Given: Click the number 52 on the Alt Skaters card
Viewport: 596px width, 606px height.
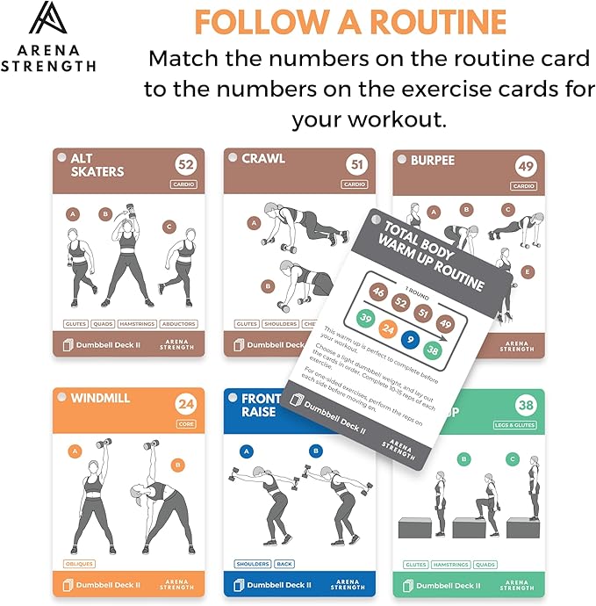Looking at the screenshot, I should click(x=184, y=164).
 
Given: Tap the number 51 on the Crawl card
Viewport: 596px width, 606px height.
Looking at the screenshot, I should click(x=355, y=164).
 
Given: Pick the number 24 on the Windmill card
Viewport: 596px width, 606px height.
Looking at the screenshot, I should click(x=184, y=405).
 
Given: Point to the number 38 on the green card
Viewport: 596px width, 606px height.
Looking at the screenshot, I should click(x=526, y=405).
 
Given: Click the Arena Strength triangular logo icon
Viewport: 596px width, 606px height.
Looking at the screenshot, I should click(x=49, y=19).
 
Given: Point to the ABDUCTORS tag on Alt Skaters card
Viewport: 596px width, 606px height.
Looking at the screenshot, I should click(x=178, y=323).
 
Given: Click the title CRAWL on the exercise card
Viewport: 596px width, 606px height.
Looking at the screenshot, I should click(x=263, y=159).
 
